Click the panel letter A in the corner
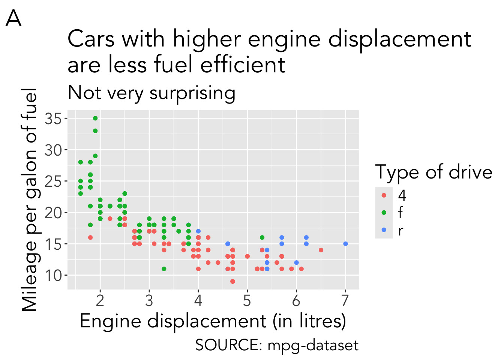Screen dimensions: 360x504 [13, 19]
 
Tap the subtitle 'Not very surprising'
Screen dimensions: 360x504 [151, 93]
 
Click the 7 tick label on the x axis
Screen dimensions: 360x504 [345, 300]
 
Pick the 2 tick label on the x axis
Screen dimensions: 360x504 [100, 300]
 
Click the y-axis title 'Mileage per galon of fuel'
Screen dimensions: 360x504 [30, 200]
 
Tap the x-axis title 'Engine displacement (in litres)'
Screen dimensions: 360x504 [213, 321]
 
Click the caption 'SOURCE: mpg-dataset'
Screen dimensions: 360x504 [277, 345]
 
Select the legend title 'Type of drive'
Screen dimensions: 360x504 [434, 172]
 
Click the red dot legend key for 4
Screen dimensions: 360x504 [384, 195]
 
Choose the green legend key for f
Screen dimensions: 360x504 [384, 213]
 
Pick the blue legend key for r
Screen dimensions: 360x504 [384, 230]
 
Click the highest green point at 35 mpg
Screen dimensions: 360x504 [95, 118]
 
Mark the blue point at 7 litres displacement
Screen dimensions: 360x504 [345, 244]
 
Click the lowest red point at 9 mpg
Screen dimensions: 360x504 [232, 281]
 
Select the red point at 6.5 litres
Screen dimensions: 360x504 [321, 250]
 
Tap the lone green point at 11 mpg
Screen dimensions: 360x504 [164, 269]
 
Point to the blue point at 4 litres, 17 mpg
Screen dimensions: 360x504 [198, 231]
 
